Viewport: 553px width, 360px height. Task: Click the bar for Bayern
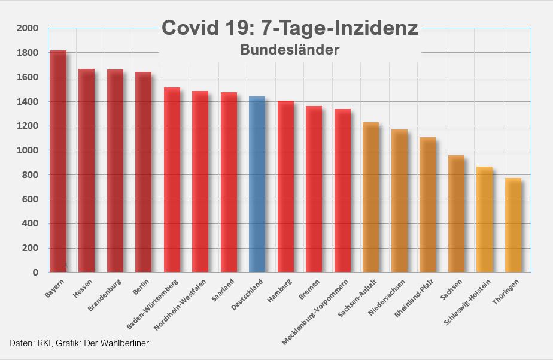[x=58, y=162]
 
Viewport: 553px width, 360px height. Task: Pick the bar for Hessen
[x=86, y=171]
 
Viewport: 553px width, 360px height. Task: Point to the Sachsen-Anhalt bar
[x=370, y=198]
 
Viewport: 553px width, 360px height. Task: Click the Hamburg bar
[x=285, y=187]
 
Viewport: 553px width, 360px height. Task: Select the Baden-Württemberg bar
[x=172, y=180]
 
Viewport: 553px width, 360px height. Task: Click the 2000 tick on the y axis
[x=28, y=28]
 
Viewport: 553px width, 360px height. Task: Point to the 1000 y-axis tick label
[x=28, y=150]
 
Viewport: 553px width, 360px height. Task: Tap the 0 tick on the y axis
[x=35, y=273]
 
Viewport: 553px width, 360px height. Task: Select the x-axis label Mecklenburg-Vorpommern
[x=316, y=311]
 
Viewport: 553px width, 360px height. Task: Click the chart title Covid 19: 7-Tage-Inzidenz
[x=290, y=28]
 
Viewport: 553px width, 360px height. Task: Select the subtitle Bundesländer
[x=290, y=49]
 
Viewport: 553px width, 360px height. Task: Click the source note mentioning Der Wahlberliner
[x=79, y=343]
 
